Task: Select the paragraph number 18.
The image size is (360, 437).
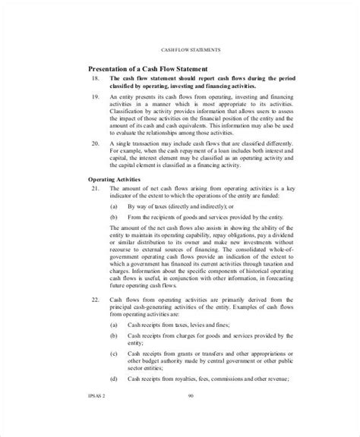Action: coord(95,79)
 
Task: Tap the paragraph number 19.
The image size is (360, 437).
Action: coord(95,98)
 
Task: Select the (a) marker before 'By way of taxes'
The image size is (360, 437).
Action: coord(113,206)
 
